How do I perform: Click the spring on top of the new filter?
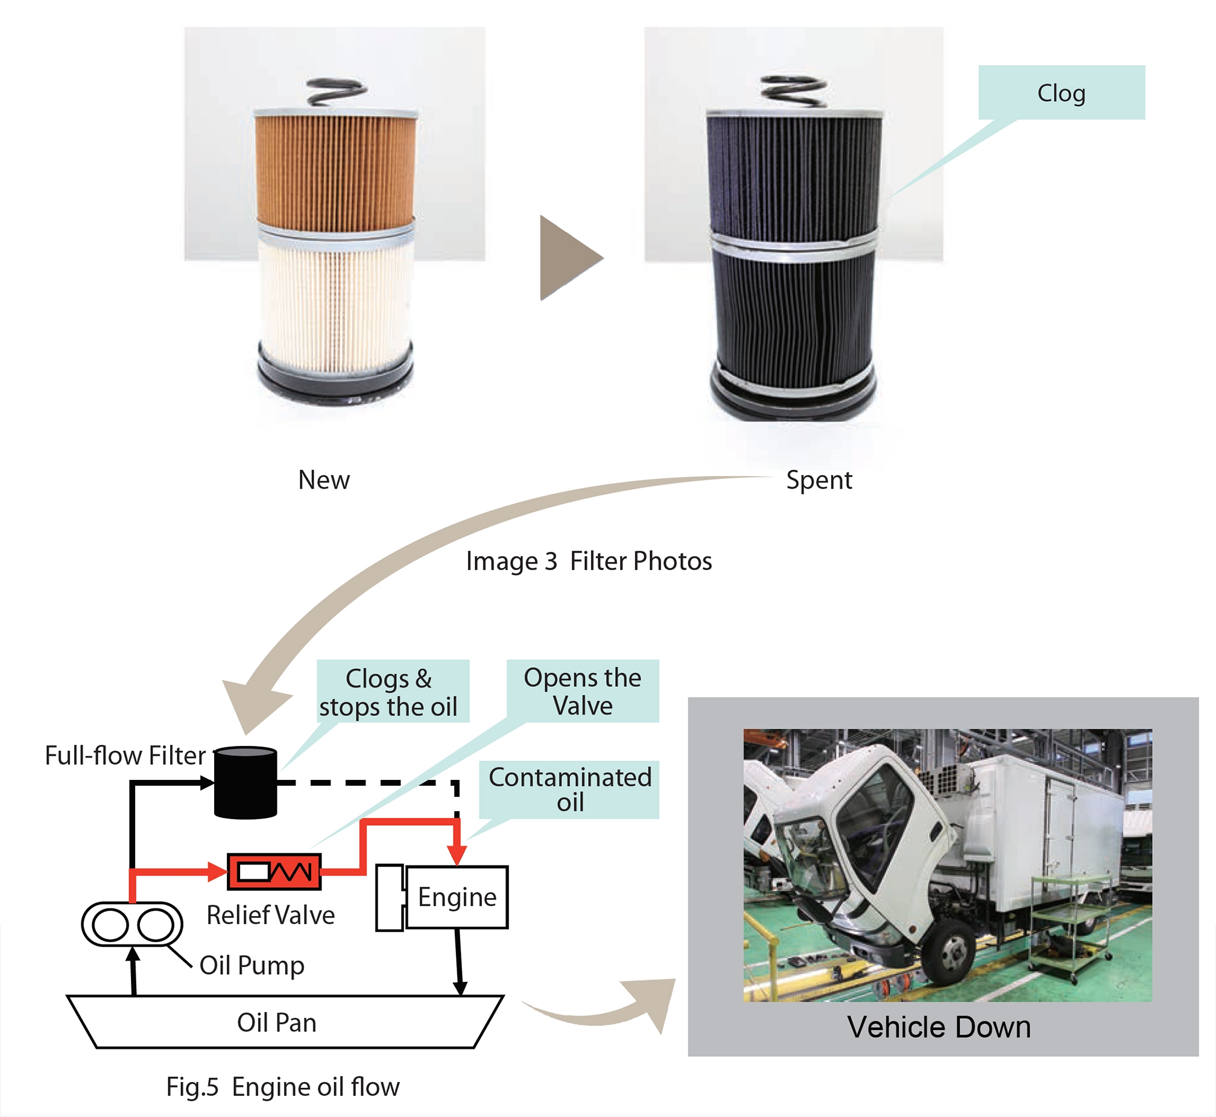(x=336, y=92)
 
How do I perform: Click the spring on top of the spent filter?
(x=794, y=91)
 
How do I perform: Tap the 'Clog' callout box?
(x=1061, y=92)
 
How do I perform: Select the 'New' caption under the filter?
(x=324, y=480)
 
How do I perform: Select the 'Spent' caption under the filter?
(x=819, y=480)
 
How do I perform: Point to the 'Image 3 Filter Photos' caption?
(x=589, y=561)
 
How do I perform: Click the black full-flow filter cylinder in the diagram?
(x=246, y=783)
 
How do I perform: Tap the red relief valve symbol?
(x=274, y=872)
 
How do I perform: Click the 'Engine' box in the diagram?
(x=457, y=897)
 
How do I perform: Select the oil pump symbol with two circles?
(x=132, y=924)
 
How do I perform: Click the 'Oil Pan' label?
(x=277, y=1023)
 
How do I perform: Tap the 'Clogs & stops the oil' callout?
(x=388, y=692)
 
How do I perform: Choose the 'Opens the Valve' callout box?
(x=583, y=691)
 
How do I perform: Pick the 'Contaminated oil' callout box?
(x=569, y=789)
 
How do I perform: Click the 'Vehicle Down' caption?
(x=939, y=1027)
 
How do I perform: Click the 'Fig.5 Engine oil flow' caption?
(x=283, y=1086)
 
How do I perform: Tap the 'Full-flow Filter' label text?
(x=125, y=756)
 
